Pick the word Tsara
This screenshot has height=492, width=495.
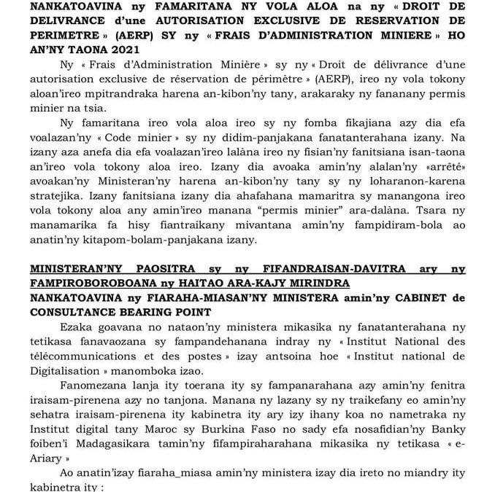(x=415, y=208)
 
